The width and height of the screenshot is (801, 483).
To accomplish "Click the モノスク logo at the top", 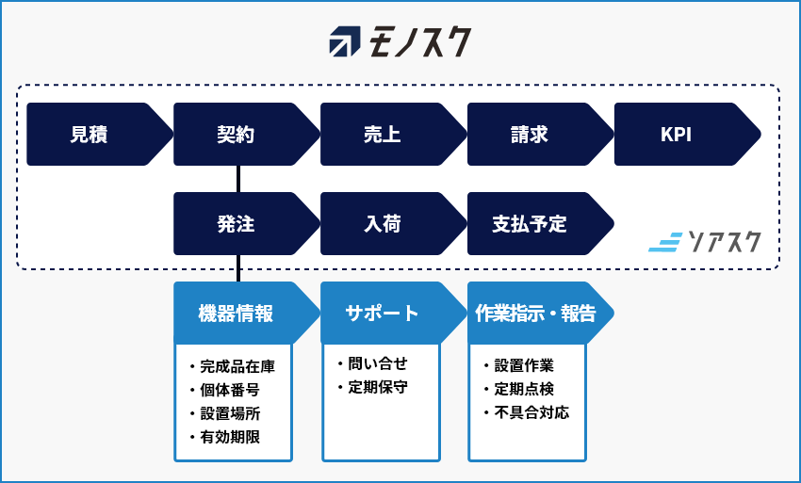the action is click(x=400, y=41).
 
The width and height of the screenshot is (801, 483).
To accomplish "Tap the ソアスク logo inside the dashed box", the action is click(x=705, y=242).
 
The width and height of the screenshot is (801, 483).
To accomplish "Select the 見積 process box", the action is click(x=100, y=135).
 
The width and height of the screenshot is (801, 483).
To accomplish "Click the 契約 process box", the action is click(x=247, y=135).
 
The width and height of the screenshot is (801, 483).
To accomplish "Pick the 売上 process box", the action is click(x=393, y=135).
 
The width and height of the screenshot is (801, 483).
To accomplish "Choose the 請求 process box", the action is click(x=541, y=135).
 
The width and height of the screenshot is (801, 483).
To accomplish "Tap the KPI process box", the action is click(x=688, y=135).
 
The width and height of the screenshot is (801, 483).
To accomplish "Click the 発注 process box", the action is click(x=247, y=224).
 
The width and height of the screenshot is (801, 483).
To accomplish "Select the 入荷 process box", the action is click(x=393, y=224).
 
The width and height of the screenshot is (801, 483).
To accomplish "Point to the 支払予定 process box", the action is click(x=541, y=224).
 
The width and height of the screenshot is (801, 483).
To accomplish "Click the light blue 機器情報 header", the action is click(x=247, y=313).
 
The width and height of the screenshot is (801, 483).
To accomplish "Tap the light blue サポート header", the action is click(x=393, y=313).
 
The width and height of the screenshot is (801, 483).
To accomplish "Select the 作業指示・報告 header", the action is click(x=541, y=313).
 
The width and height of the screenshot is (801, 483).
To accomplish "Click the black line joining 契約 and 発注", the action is click(x=238, y=179).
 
